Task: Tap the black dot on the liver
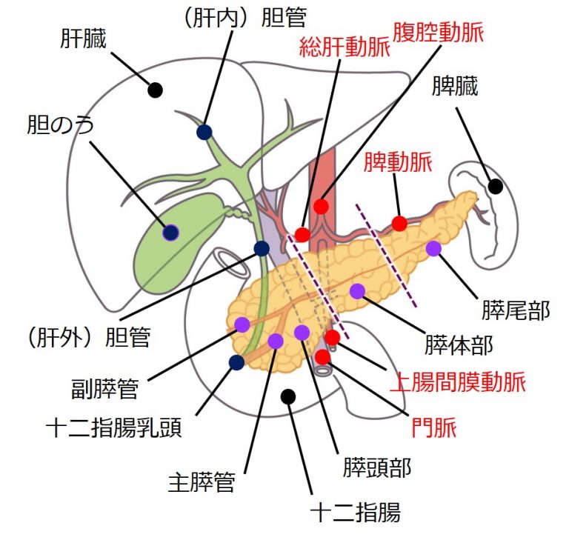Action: point(155,90)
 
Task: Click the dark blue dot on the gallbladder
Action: point(171,233)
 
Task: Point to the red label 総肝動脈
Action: point(345,49)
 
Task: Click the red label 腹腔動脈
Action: point(439,32)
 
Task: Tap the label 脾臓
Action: point(454,87)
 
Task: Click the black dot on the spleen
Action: point(495,187)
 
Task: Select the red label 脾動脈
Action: point(398,162)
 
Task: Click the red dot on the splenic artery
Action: point(399,223)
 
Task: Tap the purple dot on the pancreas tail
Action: point(433,249)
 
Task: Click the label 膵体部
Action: point(459,345)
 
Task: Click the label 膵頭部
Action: point(376,467)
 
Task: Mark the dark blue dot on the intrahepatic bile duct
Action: point(204,132)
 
